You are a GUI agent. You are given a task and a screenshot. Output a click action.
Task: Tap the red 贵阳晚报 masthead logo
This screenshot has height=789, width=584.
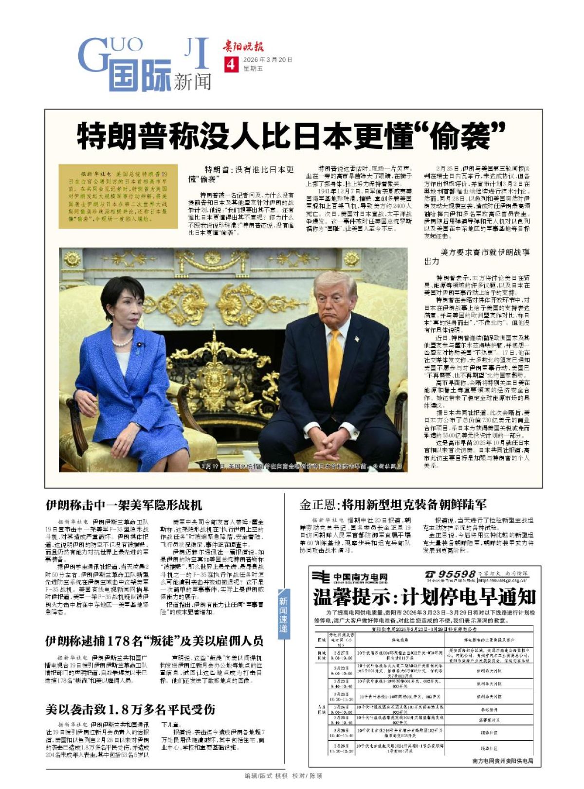pyautogui.click(x=243, y=47)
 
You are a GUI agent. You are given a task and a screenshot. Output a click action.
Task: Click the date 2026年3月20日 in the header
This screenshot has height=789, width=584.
pyautogui.click(x=268, y=60)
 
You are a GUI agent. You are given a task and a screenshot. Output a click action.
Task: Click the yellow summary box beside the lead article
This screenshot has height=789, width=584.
pyautogui.click(x=118, y=196)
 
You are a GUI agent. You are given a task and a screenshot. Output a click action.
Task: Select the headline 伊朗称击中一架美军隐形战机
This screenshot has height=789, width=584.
pyautogui.click(x=124, y=505)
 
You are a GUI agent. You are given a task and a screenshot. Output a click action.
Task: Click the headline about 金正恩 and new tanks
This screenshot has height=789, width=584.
pyautogui.click(x=393, y=504)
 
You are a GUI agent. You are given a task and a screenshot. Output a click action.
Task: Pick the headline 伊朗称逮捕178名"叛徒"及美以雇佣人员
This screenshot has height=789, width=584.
pyautogui.click(x=154, y=641)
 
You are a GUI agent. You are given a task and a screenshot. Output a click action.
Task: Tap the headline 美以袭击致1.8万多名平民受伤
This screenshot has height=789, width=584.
pyautogui.click(x=130, y=709)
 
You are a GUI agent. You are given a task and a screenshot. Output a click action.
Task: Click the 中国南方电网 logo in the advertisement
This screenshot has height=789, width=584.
pyautogui.click(x=350, y=577)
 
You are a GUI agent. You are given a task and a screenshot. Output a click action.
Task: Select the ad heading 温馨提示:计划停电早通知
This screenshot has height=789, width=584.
pyautogui.click(x=424, y=597)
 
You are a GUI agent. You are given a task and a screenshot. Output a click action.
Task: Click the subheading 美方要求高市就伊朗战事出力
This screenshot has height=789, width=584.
pyautogui.click(x=476, y=256)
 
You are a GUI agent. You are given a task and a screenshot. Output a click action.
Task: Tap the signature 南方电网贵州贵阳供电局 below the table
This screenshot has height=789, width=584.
pyautogui.click(x=502, y=761)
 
